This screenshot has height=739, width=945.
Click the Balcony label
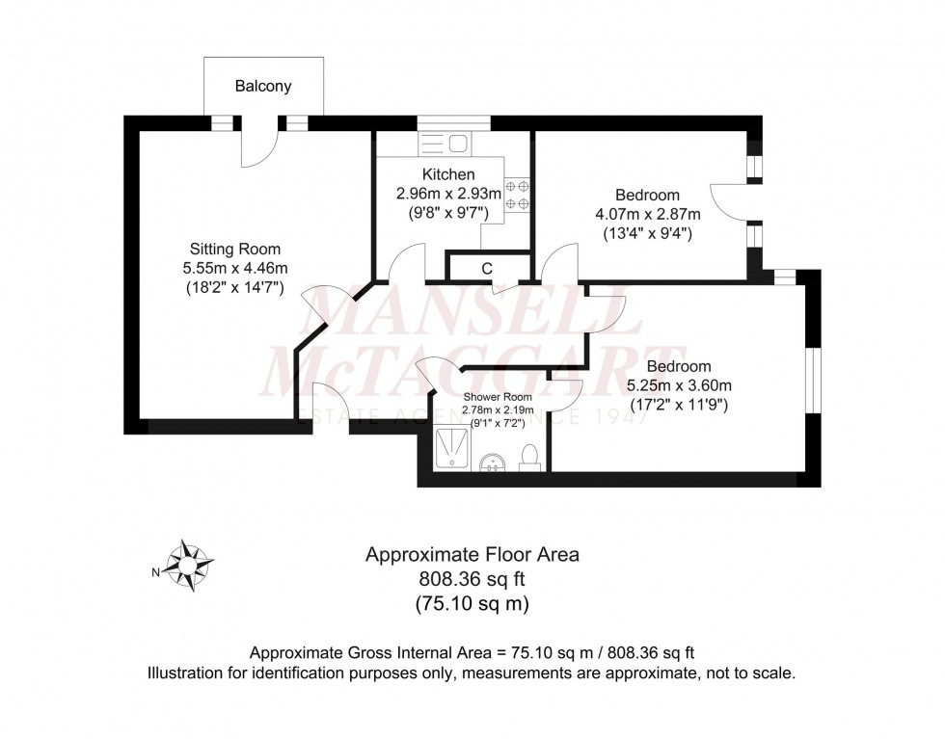pyautogui.click(x=263, y=87)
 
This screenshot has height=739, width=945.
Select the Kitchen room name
pyautogui.click(x=448, y=174)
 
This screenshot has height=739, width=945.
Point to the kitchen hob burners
pyautogui.click(x=518, y=192)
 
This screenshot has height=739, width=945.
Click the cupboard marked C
pyautogui.click(x=488, y=267)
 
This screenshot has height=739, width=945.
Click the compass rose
pyautogui.click(x=190, y=566)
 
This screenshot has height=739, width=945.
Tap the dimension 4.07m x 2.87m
pyautogui.click(x=648, y=214)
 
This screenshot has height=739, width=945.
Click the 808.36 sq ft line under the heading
pyautogui.click(x=472, y=579)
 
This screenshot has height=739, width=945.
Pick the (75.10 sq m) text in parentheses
pyautogui.click(x=472, y=604)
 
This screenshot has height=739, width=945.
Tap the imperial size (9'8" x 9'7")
pyautogui.click(x=448, y=212)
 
